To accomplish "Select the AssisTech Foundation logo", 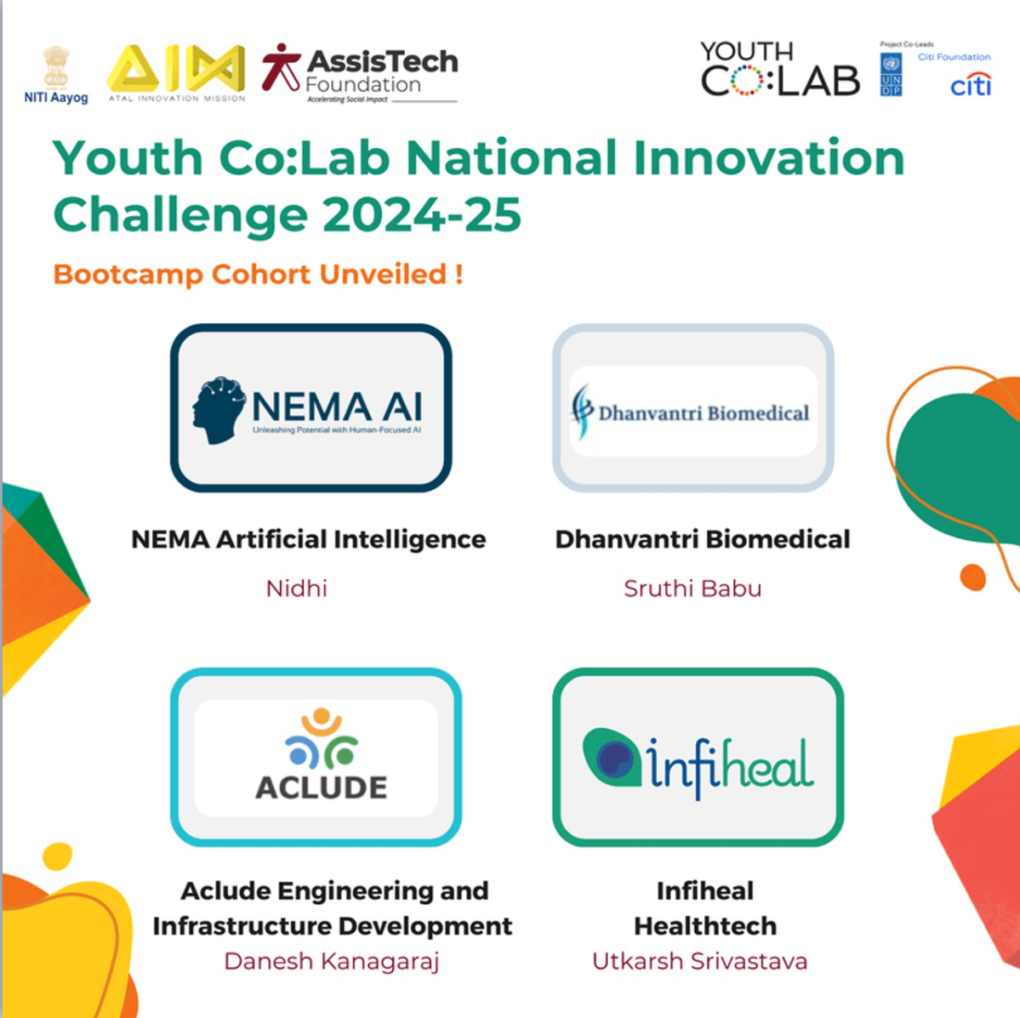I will coord(360,73).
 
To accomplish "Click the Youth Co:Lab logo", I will coord(779,70).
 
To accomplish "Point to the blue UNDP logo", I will coord(891,75).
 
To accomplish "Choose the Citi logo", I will coord(971,85).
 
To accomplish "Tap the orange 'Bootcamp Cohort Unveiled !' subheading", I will coord(258,275).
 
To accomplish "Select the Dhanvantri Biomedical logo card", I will coord(693,409).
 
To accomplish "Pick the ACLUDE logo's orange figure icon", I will coord(322,723).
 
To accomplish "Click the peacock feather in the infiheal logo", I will coord(612,756).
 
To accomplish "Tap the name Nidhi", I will coord(297,589).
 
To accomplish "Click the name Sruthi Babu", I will coord(692,589).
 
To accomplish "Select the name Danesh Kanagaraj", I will coord(332,962).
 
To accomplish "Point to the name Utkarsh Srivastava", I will coord(699,962).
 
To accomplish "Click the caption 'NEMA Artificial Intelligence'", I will coord(309,539).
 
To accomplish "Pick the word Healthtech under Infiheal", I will coord(705,926).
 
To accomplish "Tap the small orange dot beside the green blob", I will coord(972,577).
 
